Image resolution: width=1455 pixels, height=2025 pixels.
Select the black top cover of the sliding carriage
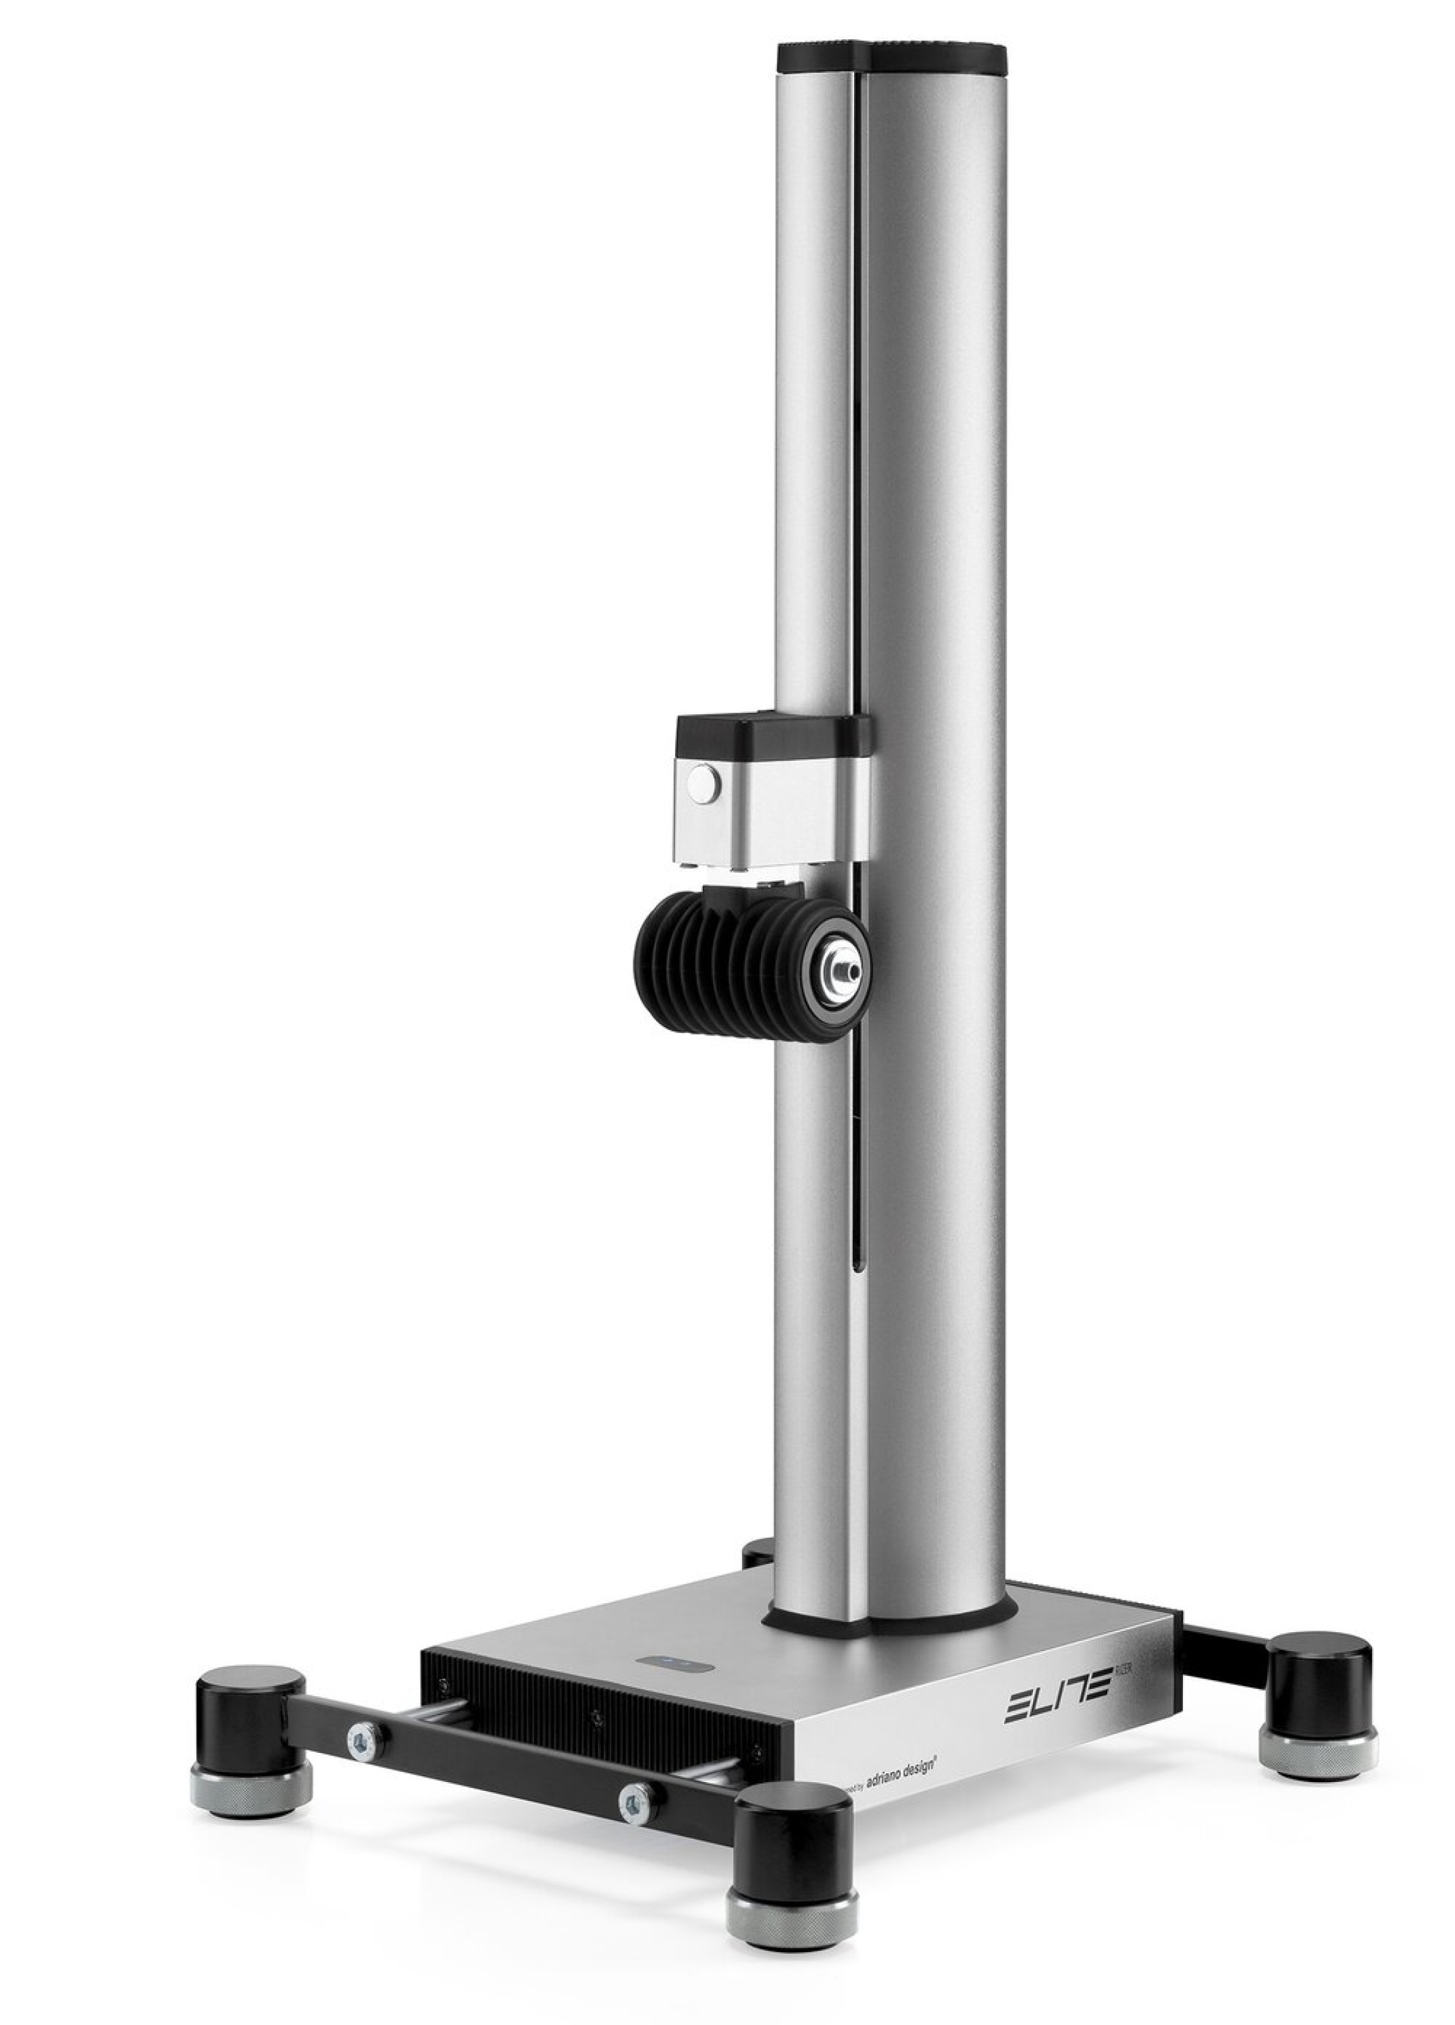768,734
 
